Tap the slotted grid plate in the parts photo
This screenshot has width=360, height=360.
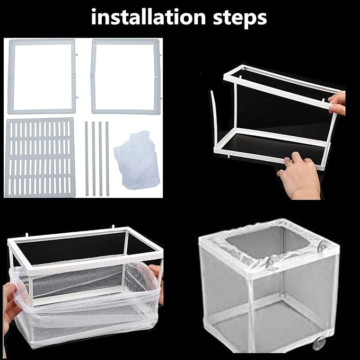[40, 157]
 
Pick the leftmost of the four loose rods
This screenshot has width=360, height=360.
[87, 158]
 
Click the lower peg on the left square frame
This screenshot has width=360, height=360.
[77, 97]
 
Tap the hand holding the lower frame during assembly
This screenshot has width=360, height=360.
[299, 177]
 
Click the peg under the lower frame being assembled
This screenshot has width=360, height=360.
[230, 156]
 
